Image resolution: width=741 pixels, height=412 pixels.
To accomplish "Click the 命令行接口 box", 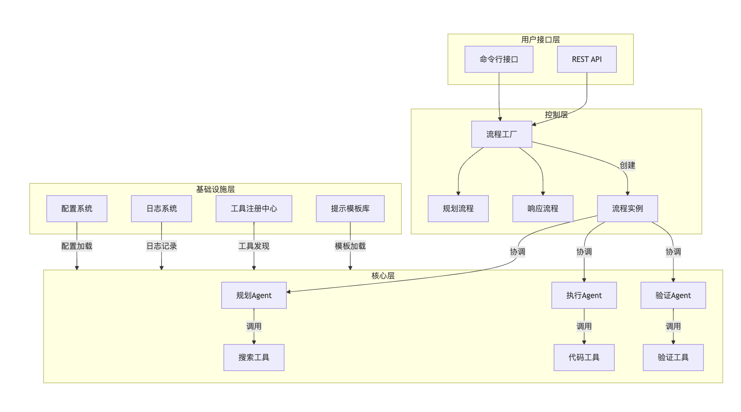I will click(x=499, y=59).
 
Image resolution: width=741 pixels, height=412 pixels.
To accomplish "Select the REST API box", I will click(x=587, y=59).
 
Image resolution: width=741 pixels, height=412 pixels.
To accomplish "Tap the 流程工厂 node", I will click(x=501, y=134).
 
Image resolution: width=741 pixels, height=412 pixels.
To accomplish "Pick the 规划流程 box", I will click(x=458, y=209).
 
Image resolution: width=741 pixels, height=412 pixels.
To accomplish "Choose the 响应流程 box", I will click(x=542, y=209).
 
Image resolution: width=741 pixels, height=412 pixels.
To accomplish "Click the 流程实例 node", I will click(x=627, y=209).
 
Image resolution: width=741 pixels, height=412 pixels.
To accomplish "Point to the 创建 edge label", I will click(x=627, y=165).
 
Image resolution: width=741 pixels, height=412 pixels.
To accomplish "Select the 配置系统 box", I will click(x=77, y=209).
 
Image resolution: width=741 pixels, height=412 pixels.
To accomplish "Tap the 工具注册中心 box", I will click(x=254, y=209).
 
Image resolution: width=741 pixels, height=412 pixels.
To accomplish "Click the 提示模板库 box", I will click(x=350, y=209).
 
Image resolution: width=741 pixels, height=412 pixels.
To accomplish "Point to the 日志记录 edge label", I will click(x=161, y=246).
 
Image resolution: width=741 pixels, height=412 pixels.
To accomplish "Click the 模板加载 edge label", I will click(x=350, y=246).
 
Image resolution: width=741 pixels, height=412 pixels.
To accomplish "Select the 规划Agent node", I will click(x=254, y=295).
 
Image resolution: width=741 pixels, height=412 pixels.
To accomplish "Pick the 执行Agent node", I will click(x=584, y=295).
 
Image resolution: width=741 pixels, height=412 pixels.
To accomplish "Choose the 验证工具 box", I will click(x=673, y=357).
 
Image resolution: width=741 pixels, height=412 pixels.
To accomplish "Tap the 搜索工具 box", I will click(x=254, y=357).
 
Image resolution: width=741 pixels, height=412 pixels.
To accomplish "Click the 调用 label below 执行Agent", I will click(x=584, y=326).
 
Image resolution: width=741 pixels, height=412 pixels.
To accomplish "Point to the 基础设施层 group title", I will click(x=215, y=189).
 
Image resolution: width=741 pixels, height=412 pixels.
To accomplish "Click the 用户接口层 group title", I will click(x=540, y=40).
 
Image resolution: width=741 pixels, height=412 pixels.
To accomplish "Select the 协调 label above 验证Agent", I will click(x=673, y=252).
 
